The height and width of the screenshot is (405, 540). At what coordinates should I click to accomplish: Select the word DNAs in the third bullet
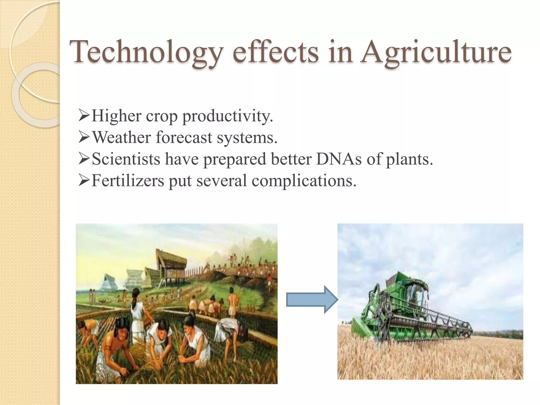coord(339,159)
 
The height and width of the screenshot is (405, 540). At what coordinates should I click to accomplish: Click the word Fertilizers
coord(128,181)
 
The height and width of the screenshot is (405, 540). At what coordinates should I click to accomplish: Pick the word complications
coord(304,181)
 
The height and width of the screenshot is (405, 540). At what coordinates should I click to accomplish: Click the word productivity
coord(228,116)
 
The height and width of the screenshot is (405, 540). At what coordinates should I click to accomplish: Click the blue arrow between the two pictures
coord(312,300)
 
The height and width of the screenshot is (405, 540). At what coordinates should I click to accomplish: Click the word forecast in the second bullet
coord(184,137)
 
